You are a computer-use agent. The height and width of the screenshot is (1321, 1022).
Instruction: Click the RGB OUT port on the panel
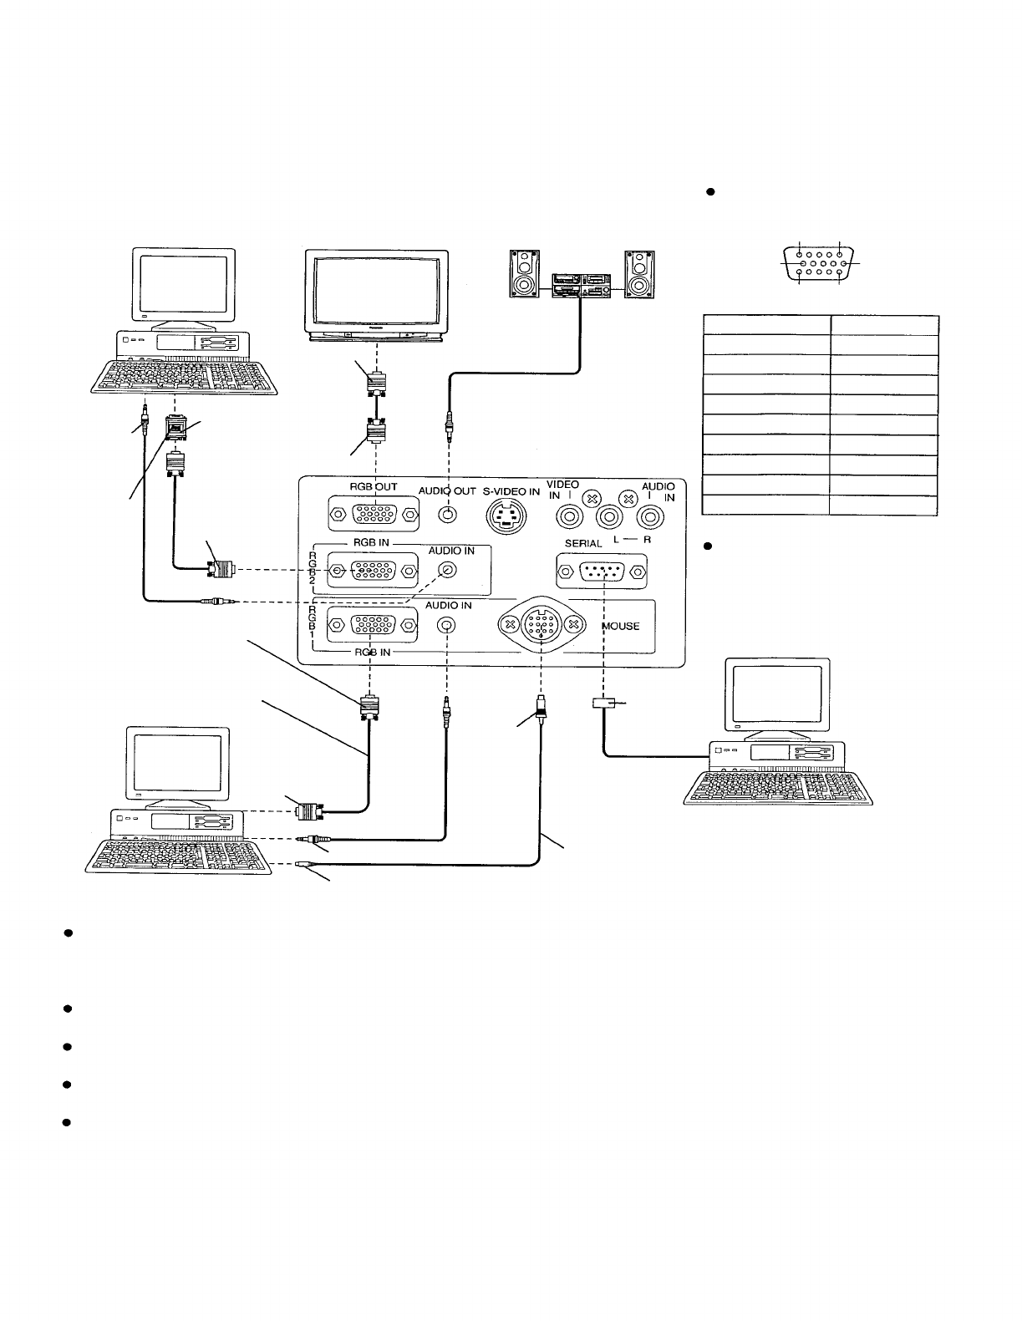tap(374, 514)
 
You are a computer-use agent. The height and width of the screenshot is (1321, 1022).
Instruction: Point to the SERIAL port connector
tap(602, 572)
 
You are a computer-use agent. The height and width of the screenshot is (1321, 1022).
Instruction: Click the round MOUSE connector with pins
tap(542, 623)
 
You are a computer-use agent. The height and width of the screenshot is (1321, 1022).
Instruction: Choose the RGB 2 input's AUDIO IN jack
tap(448, 570)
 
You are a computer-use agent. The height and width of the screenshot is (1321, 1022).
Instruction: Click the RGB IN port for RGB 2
tap(372, 572)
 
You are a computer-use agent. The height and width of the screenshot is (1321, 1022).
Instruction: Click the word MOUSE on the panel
tap(619, 626)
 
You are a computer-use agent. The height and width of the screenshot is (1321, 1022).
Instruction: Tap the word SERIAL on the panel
tap(583, 544)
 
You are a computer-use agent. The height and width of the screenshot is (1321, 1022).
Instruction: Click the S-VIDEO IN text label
tap(511, 491)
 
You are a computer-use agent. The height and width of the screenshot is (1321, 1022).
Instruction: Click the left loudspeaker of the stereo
tap(523, 275)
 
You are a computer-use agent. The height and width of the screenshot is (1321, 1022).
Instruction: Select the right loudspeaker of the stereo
tap(642, 275)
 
